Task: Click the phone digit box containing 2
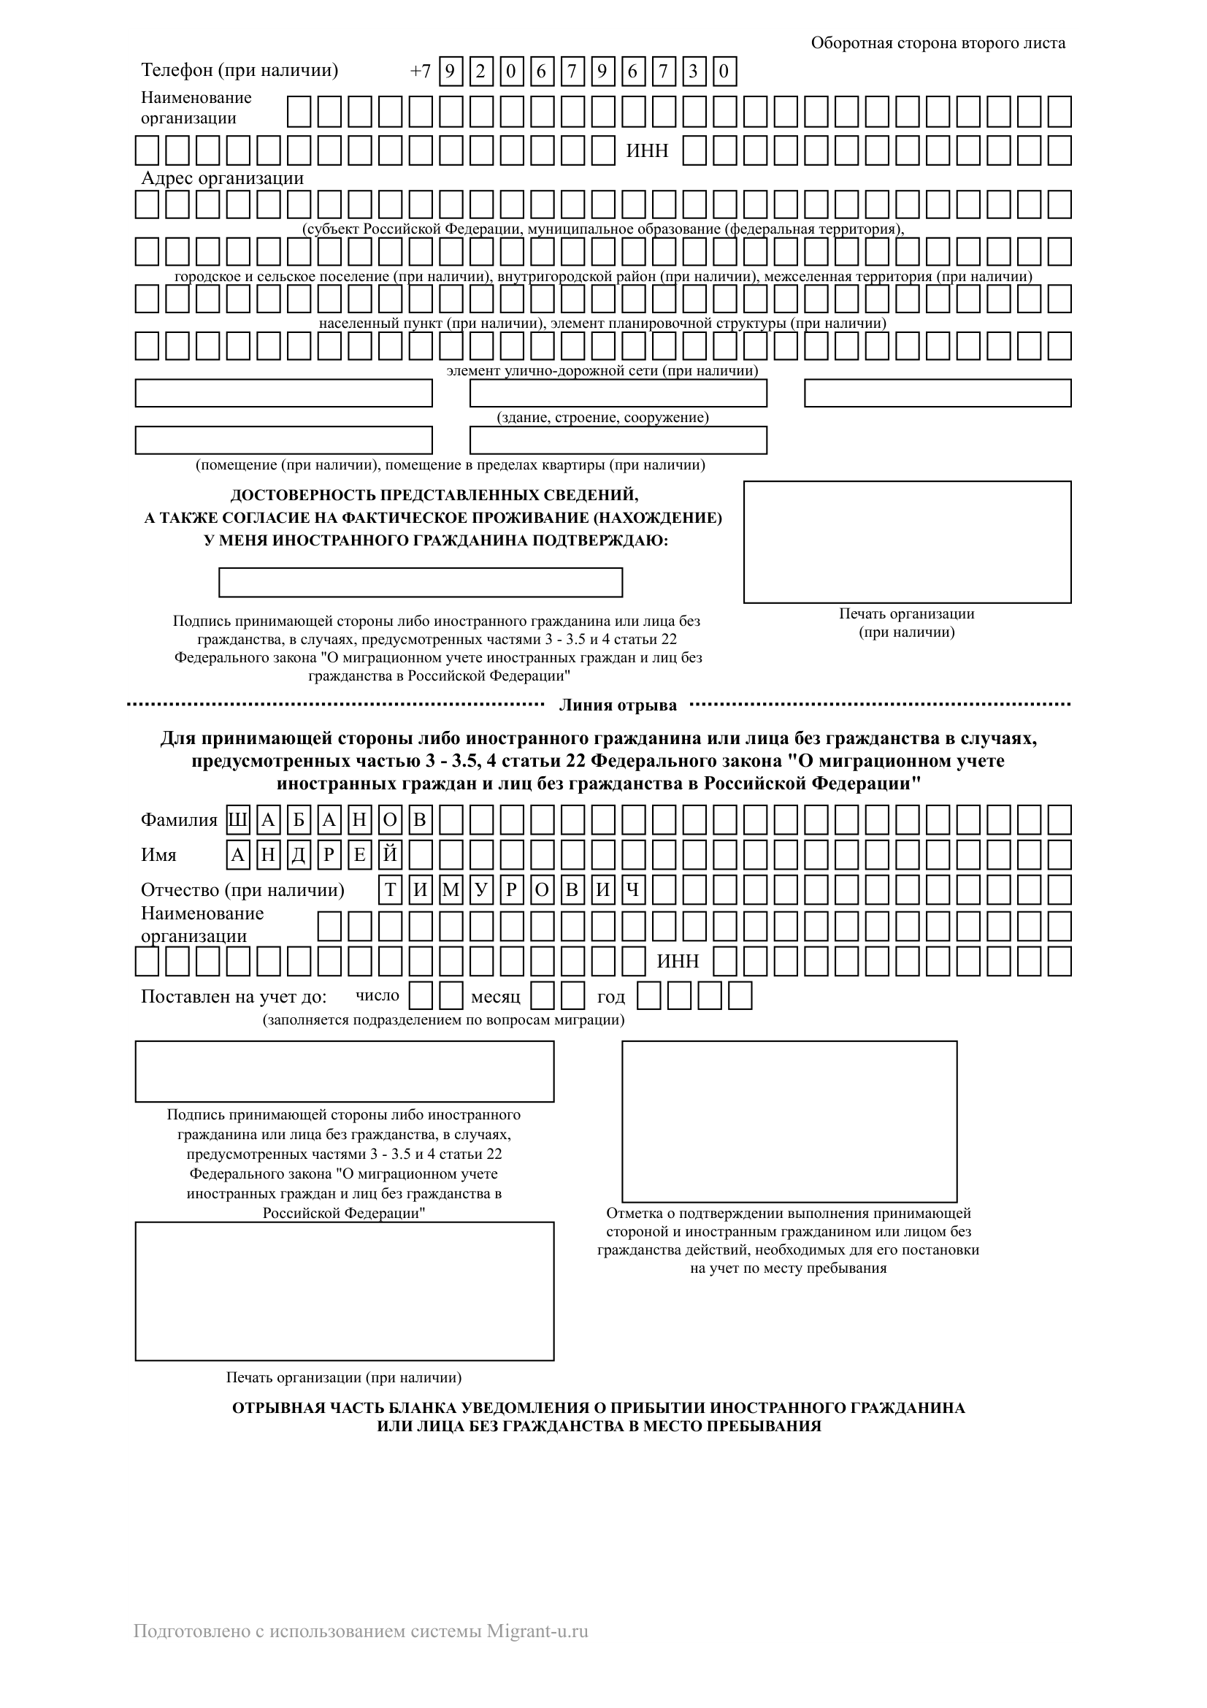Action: click(480, 72)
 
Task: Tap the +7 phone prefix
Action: click(420, 72)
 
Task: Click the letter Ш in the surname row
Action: click(237, 821)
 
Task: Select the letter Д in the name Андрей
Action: click(298, 856)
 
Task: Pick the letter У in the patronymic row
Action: click(480, 890)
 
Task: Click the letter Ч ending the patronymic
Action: click(632, 890)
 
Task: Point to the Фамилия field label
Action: click(178, 821)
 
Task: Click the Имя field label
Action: click(158, 856)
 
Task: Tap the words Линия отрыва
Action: click(617, 705)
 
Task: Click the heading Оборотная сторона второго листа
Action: click(938, 43)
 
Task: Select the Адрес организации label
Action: click(223, 178)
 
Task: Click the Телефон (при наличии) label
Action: click(240, 71)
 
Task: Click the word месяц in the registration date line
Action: click(495, 997)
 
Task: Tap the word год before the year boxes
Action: click(610, 997)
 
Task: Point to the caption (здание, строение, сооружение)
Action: click(602, 418)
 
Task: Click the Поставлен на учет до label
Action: click(234, 997)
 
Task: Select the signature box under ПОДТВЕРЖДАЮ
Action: click(420, 583)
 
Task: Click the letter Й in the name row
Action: click(390, 856)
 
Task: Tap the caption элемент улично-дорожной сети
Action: click(602, 370)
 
